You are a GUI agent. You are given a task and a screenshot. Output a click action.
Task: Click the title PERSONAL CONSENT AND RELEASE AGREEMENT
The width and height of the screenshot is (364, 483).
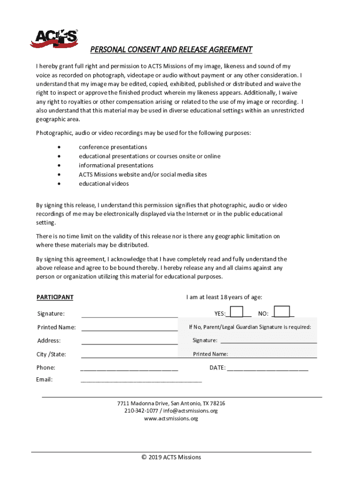click(171, 50)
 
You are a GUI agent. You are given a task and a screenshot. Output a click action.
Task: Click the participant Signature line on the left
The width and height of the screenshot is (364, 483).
click(130, 314)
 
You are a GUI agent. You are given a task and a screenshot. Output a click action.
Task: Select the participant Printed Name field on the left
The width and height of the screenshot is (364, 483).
click(130, 328)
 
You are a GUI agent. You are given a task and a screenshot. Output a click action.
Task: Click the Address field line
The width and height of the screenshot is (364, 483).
click(130, 341)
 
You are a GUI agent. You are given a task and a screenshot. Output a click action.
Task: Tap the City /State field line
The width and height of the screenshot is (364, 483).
click(130, 355)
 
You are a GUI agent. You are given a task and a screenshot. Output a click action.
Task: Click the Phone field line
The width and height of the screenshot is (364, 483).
click(130, 368)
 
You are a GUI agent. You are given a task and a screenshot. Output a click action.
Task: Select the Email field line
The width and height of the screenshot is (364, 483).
click(141, 380)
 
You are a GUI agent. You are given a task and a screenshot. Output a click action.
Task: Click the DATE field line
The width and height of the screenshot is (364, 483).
click(268, 368)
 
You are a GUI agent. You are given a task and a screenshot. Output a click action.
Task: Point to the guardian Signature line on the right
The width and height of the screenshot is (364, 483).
click(269, 341)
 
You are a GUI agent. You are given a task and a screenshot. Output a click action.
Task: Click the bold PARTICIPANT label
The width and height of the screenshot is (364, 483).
click(55, 297)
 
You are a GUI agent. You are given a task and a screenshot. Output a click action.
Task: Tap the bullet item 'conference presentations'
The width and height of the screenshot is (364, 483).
click(113, 147)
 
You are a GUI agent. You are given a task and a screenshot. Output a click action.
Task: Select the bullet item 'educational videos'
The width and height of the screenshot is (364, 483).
click(104, 183)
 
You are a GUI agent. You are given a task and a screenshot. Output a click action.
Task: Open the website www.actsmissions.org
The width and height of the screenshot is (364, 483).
click(171, 418)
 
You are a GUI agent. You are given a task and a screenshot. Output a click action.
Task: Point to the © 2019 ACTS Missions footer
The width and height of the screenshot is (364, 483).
click(171, 457)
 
